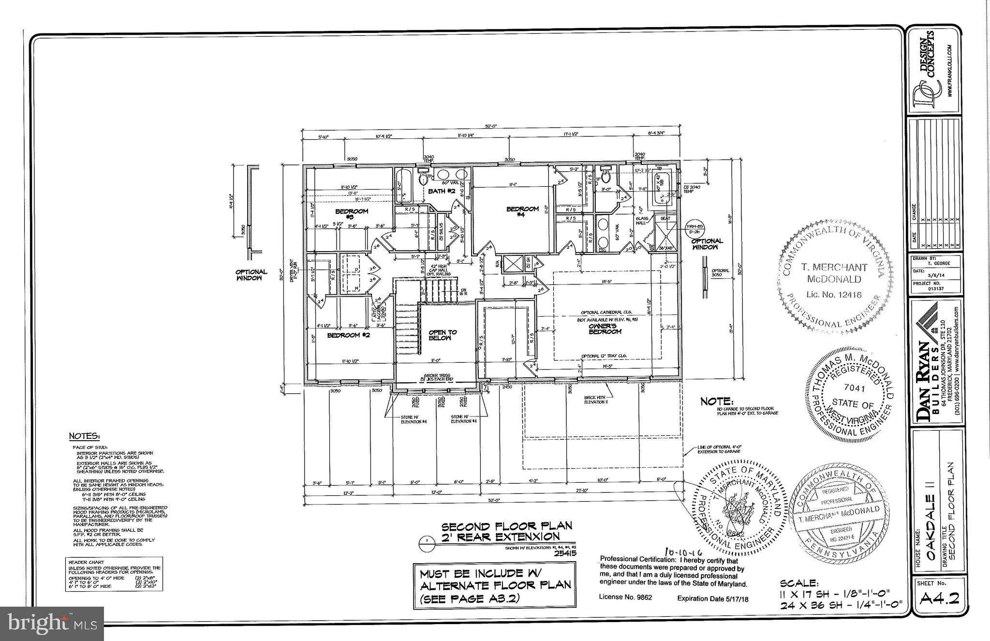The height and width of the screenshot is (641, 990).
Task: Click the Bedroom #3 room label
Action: coord(352,214)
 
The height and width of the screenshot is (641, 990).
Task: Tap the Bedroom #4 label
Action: coord(522,211)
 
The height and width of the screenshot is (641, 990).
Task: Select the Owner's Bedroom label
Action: coord(605,329)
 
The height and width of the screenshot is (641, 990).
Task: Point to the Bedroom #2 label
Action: coord(348,335)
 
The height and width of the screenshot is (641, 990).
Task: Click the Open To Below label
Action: coord(443,335)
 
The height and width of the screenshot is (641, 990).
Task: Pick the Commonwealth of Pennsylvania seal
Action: coord(842,513)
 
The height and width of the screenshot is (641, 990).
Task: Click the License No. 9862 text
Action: coord(625,597)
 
